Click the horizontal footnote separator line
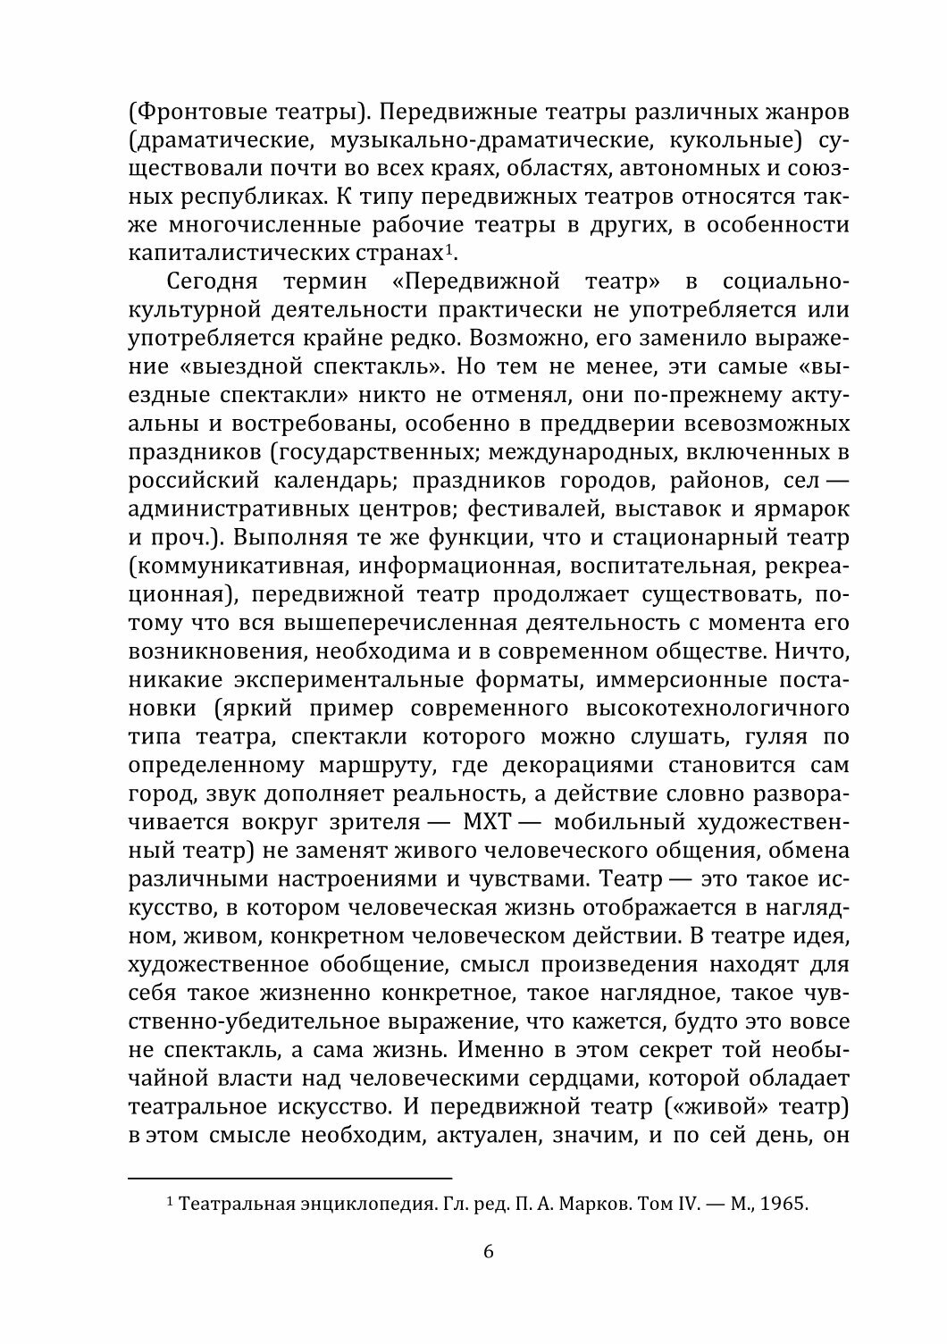290,1178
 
